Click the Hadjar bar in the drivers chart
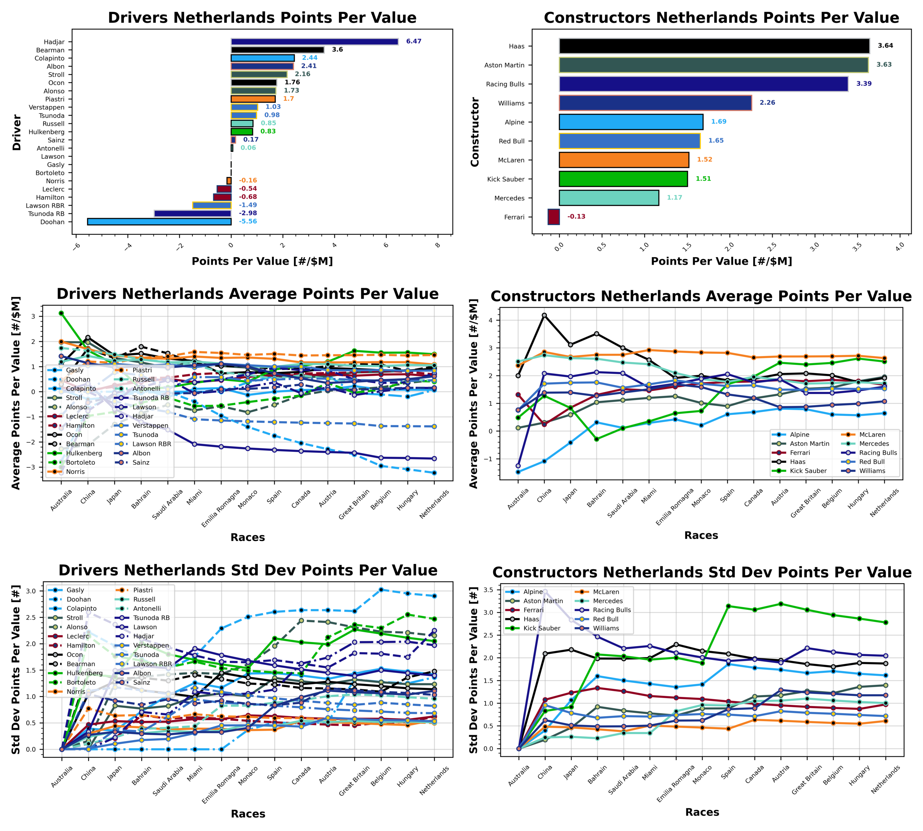coord(314,42)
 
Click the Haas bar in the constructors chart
coord(714,46)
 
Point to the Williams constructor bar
coord(655,103)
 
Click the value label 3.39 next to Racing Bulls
coord(864,84)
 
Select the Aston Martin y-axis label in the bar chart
coord(504,65)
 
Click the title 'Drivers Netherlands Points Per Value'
coord(262,18)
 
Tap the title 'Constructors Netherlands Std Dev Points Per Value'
coord(701,573)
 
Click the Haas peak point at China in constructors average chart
coord(544,316)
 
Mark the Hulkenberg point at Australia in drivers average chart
coord(61,313)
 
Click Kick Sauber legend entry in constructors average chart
coord(808,471)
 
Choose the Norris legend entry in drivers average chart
coord(75,472)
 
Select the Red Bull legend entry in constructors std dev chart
coord(606,619)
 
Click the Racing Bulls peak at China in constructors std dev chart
coord(545,592)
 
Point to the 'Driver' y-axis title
coord(17,133)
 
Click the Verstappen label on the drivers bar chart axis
coord(47,107)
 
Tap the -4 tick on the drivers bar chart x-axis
coord(128,246)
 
